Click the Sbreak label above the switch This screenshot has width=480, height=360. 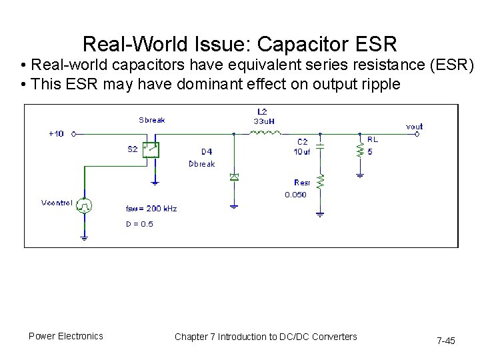[152, 120]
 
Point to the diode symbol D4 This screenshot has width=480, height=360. [234, 177]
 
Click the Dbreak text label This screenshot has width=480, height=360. [202, 164]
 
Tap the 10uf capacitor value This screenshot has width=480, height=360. [303, 152]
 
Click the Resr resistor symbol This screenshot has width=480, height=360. [321, 181]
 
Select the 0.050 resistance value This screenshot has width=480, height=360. [296, 195]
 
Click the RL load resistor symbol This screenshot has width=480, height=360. [360, 151]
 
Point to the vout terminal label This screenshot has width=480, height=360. [414, 126]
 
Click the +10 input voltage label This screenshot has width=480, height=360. [57, 133]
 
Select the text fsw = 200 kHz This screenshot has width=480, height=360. [151, 209]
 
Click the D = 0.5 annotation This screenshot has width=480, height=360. [139, 224]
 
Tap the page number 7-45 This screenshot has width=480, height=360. [445, 341]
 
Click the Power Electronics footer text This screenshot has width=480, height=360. [66, 336]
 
